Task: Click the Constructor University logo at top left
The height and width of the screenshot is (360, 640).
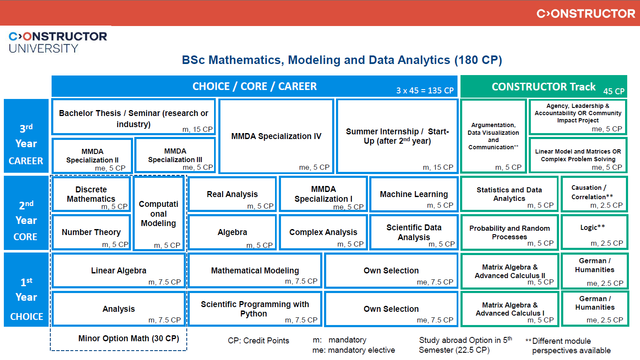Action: click(58, 42)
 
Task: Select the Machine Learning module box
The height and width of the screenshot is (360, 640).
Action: click(414, 195)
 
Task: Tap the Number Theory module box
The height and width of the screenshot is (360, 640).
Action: click(91, 232)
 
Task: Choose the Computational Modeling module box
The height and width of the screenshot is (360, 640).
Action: click(159, 213)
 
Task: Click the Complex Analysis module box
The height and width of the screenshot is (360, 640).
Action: click(323, 232)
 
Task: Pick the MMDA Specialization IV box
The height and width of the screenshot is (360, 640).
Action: click(276, 136)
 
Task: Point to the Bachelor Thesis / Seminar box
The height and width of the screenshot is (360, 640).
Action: click(133, 118)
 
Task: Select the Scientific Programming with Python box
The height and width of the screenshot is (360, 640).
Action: click(255, 309)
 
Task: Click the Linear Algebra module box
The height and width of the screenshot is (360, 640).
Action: click(119, 271)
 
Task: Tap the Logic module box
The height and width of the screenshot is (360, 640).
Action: click(594, 232)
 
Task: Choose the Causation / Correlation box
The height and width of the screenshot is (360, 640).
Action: click(594, 194)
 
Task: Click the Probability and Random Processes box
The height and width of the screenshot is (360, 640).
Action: click(510, 232)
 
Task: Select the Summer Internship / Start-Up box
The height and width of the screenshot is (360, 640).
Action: click(397, 136)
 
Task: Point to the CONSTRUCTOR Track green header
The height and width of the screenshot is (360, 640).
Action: click(544, 87)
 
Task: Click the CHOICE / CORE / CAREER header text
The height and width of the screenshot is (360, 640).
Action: click(255, 87)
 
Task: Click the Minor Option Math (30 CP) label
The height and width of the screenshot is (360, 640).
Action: click(128, 339)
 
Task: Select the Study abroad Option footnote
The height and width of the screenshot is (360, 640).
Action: click(465, 345)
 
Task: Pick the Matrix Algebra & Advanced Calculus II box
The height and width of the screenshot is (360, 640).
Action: click(510, 271)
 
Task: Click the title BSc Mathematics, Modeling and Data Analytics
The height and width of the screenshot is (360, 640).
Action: click(342, 60)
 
